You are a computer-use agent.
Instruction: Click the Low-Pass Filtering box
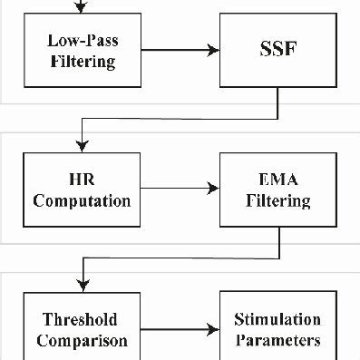(x=82, y=52)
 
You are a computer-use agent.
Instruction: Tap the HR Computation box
(x=82, y=190)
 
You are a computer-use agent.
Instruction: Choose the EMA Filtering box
(x=276, y=190)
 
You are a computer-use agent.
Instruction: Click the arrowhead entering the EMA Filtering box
(x=214, y=190)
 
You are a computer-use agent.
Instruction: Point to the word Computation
(x=82, y=199)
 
